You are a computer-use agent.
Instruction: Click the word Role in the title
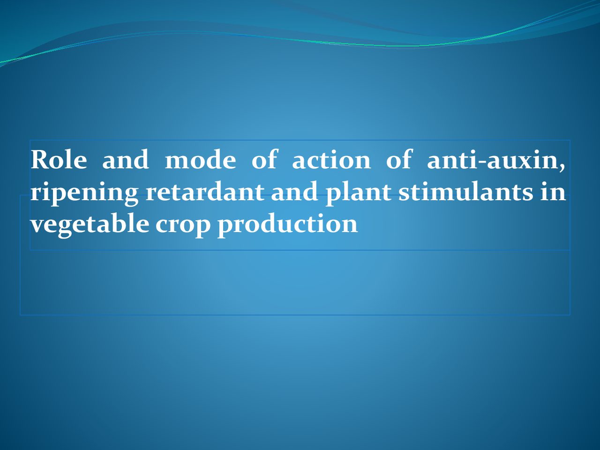59,159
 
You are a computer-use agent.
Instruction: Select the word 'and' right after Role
126,159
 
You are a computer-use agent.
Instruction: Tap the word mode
200,159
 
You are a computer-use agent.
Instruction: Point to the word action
331,159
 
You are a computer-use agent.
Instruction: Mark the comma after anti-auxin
562,168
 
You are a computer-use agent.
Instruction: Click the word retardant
205,191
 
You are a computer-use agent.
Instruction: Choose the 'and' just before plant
294,191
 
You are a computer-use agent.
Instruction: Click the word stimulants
465,191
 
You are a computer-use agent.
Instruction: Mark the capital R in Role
40,159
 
